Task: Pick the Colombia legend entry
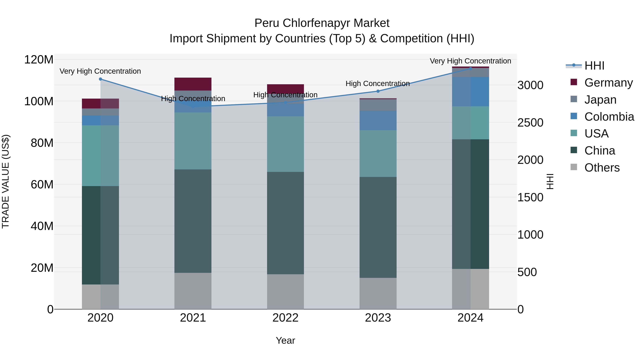[x=609, y=117]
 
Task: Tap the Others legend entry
[x=602, y=168]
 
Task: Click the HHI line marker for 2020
[x=101, y=79]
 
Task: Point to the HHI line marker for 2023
[x=378, y=91]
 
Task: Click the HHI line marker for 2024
[x=470, y=69]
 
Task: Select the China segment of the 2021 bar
[x=193, y=221]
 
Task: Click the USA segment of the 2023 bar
[x=378, y=154]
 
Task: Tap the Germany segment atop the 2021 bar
[x=193, y=84]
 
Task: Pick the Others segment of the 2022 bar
[x=286, y=292]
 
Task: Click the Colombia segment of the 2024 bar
[x=470, y=92]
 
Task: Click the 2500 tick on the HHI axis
[x=530, y=123]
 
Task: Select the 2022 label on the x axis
[x=286, y=318]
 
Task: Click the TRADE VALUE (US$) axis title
[x=6, y=181]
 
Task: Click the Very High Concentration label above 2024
[x=470, y=61]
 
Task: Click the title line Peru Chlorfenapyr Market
[x=322, y=23]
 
